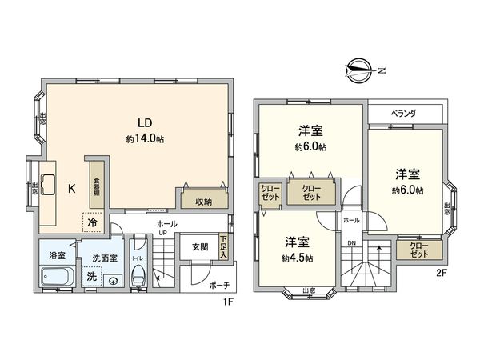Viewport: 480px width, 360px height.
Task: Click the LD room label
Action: (x=144, y=123)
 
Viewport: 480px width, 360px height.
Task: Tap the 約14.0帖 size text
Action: (x=144, y=138)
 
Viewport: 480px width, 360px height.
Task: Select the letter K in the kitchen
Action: (x=71, y=189)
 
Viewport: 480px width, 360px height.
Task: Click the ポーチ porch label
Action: (x=219, y=285)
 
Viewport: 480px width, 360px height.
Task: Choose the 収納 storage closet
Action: (x=202, y=202)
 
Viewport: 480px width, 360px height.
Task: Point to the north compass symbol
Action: (x=359, y=70)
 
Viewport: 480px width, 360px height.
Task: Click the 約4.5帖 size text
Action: (x=297, y=258)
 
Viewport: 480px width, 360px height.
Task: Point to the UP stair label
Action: (x=162, y=234)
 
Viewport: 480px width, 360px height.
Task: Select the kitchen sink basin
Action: (x=46, y=185)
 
